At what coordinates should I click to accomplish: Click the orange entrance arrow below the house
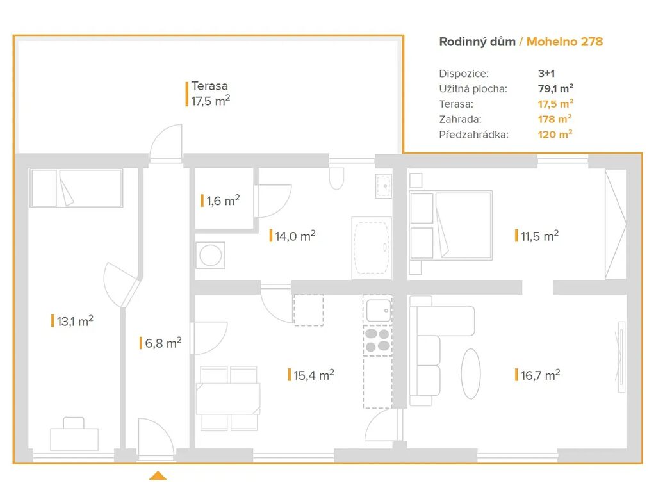tap(158, 476)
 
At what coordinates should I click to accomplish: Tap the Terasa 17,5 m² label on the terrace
tap(210, 94)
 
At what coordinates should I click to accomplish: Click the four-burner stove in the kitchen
tap(378, 340)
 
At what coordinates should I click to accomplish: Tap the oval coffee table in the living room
tap(471, 373)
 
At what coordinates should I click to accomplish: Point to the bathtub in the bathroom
tap(372, 248)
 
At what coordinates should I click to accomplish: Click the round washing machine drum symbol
tap(210, 255)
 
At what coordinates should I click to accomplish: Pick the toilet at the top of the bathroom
tap(336, 178)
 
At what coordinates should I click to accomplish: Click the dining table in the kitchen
tap(228, 398)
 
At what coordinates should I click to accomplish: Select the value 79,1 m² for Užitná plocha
tap(555, 88)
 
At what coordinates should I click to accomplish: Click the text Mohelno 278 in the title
tap(564, 42)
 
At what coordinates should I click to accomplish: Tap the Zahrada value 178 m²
tap(555, 119)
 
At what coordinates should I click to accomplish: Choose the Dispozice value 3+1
tap(546, 73)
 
